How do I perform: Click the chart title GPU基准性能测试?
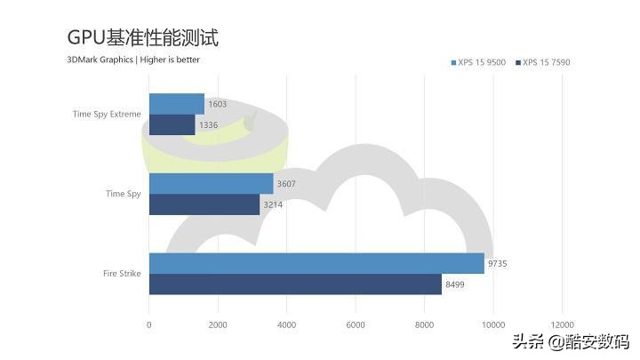[142, 37]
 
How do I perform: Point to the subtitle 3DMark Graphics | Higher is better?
[133, 60]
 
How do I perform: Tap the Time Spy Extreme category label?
[107, 114]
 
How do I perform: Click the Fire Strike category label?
[122, 274]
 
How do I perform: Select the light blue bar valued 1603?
[176, 104]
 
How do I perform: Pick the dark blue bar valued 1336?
[172, 124]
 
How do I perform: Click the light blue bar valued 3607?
[211, 183]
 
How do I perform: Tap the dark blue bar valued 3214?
[204, 204]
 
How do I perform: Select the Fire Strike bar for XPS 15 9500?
[316, 263]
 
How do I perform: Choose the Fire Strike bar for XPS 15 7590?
[294, 284]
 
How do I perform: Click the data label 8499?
[455, 285]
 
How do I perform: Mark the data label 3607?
[287, 184]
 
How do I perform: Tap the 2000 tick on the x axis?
[218, 324]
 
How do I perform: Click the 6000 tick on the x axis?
[356, 324]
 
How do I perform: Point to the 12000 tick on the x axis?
[562, 324]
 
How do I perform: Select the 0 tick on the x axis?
[148, 324]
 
